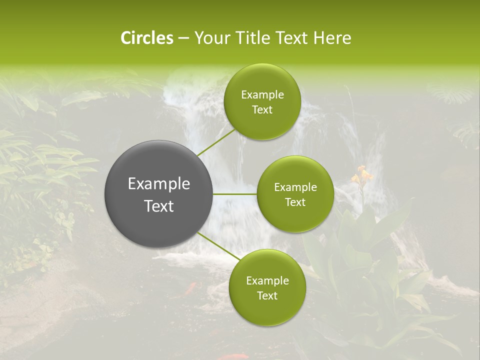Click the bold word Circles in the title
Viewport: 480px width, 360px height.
(x=146, y=38)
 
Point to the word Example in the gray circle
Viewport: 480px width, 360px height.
(x=159, y=184)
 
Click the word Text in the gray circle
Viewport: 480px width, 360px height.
(x=159, y=206)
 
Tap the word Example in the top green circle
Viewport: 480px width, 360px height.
(x=262, y=95)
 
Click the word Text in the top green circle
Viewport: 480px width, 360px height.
(x=262, y=110)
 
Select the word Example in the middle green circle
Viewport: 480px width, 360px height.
(x=295, y=187)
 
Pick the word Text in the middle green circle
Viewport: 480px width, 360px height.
(x=295, y=202)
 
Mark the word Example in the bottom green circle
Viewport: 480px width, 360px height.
(x=267, y=281)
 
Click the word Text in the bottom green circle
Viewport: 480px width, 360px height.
(x=267, y=296)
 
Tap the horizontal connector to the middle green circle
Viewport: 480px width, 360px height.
(x=235, y=194)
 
